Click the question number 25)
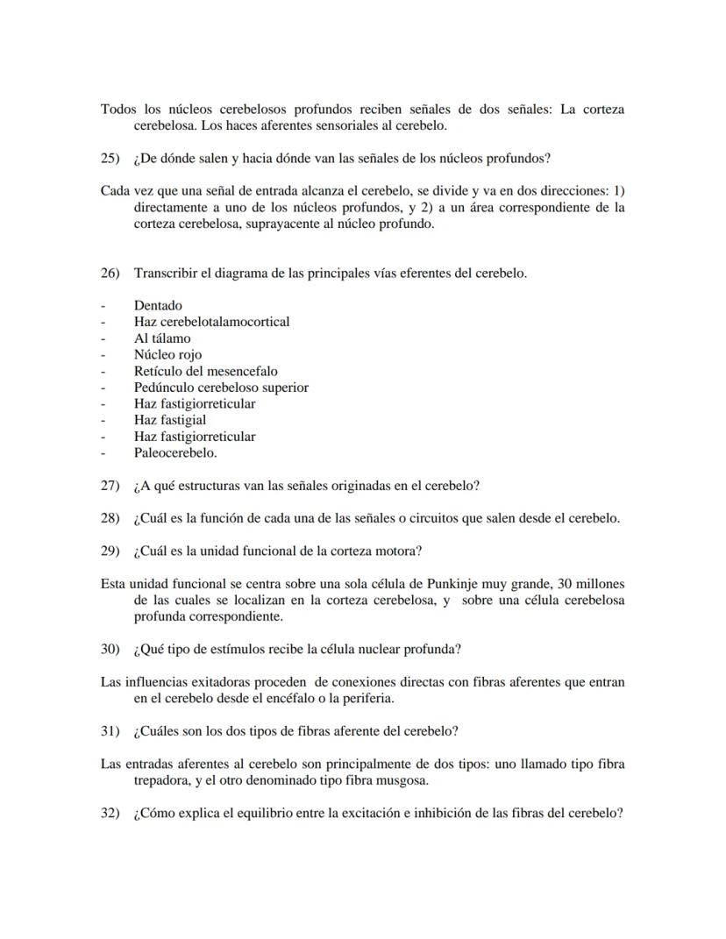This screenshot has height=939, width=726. [110, 159]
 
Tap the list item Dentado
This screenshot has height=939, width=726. [158, 305]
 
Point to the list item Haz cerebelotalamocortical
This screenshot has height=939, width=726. [211, 322]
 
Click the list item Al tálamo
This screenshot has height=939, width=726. [162, 338]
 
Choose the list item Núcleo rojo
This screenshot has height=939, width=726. [167, 355]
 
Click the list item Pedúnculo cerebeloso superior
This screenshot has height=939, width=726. [221, 388]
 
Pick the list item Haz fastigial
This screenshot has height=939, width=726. [170, 420]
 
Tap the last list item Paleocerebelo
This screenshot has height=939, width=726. [174, 453]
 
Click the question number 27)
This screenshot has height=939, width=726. [110, 486]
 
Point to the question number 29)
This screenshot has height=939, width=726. [110, 551]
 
